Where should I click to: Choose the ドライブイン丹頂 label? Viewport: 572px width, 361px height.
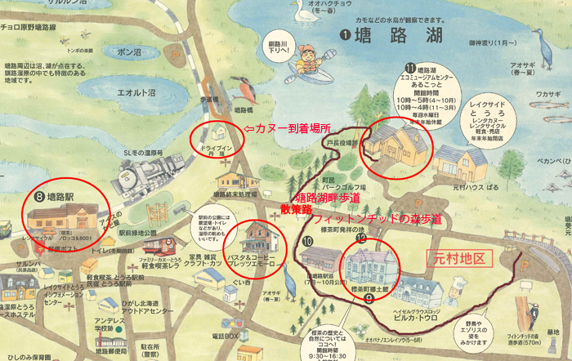point(217,147)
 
